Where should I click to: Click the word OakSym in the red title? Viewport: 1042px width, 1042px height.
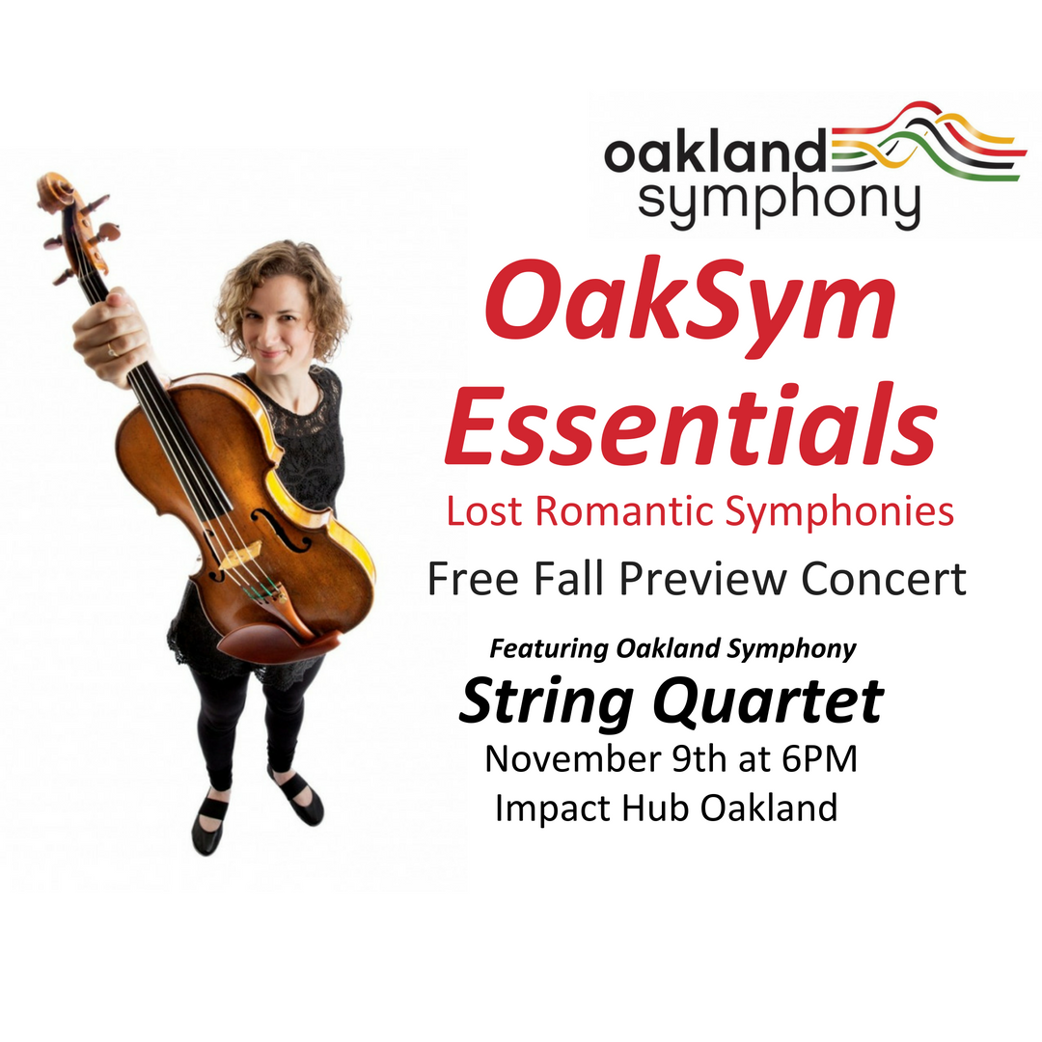pos(690,307)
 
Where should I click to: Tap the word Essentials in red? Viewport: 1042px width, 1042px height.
pos(691,424)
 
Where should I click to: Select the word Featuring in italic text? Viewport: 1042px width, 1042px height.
pos(549,648)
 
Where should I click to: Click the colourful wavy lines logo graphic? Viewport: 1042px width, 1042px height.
pos(927,142)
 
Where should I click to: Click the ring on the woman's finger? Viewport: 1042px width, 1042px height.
pos(112,350)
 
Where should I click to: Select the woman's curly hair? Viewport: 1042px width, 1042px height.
pos(283,292)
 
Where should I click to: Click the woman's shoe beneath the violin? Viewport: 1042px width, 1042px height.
pos(208,823)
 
